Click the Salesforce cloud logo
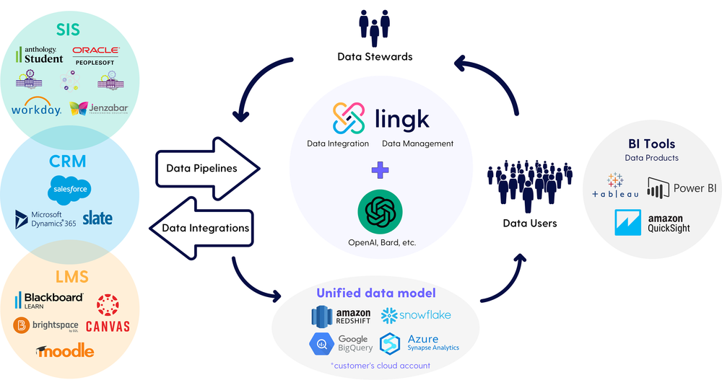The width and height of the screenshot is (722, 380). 70,189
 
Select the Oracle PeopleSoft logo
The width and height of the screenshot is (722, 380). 96,56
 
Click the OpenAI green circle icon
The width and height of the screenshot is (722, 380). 380,212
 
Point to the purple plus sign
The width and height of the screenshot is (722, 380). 380,170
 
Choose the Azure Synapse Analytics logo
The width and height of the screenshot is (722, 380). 419,343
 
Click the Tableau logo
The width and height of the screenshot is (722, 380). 614,186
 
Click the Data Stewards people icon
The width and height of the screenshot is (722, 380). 374,28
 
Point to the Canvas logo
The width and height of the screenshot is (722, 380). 108,314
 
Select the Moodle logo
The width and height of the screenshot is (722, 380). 65,350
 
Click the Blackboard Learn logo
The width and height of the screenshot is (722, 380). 48,299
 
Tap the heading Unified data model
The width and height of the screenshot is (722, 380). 375,293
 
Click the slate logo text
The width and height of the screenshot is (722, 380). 97,218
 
